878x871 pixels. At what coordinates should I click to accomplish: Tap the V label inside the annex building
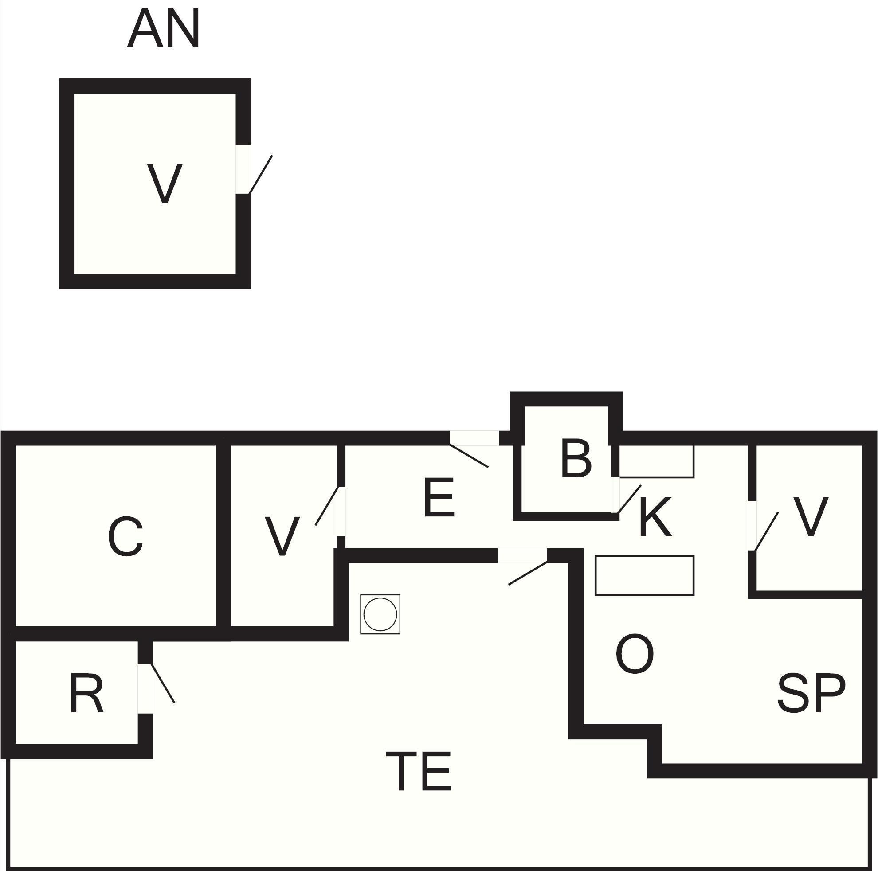(165, 184)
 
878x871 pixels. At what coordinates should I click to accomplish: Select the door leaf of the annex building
(261, 175)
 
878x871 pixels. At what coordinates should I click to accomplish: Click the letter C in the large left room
(125, 537)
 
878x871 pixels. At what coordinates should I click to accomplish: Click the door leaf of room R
(162, 684)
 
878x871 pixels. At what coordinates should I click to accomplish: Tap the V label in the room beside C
(282, 536)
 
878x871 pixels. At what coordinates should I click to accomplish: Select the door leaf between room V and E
(327, 506)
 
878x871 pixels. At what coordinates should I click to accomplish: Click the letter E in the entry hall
(439, 497)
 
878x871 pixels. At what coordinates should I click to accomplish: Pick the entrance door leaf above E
(469, 456)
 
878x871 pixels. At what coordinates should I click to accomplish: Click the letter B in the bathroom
(576, 458)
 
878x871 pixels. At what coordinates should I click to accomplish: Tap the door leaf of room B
(629, 499)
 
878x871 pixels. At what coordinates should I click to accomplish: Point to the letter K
(655, 517)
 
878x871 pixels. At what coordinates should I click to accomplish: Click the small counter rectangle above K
(657, 461)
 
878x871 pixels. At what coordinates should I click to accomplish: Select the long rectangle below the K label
(644, 575)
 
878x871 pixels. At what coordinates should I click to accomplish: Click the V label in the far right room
(811, 516)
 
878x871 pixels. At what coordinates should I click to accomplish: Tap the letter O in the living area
(635, 654)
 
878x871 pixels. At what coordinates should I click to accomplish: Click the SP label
(811, 693)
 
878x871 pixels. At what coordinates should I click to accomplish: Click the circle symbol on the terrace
(380, 614)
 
